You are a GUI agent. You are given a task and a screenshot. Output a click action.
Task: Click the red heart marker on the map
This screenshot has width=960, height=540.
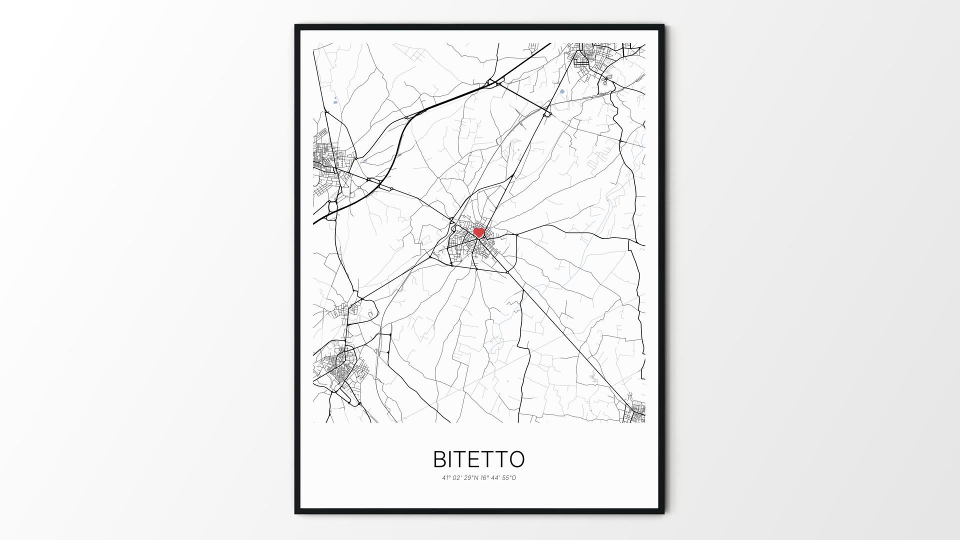tap(479, 232)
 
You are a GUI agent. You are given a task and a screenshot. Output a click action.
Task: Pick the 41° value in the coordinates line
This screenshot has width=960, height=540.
tap(445, 478)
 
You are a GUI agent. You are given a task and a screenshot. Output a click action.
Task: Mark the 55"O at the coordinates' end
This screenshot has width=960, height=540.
tap(510, 478)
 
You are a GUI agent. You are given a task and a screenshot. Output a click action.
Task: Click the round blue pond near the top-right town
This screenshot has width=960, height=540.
tap(562, 91)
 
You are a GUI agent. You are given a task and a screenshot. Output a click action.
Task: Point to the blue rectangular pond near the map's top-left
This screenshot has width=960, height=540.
tap(334, 102)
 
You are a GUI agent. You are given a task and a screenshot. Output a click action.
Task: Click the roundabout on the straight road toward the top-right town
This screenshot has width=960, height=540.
tap(547, 114)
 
